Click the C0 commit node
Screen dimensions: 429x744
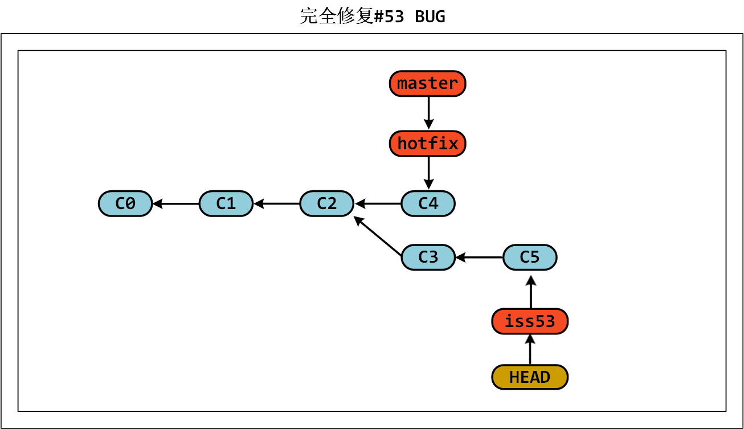click(125, 203)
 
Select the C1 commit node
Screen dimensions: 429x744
click(226, 203)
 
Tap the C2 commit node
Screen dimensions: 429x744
click(327, 203)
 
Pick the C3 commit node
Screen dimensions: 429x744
click(428, 258)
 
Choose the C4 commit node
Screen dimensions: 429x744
click(428, 203)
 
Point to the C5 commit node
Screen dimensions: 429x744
click(530, 258)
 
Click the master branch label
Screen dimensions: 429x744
click(428, 84)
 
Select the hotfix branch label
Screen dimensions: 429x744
click(428, 144)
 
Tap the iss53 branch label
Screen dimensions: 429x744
click(530, 322)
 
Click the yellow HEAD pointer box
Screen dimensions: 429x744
click(530, 377)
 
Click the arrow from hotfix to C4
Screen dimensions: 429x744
click(428, 173)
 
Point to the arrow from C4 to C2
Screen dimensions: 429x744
click(378, 203)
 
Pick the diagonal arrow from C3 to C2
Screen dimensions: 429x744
click(377, 236)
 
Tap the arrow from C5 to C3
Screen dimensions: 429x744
click(479, 258)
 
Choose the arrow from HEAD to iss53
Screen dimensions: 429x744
click(530, 349)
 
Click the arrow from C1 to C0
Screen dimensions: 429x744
click(176, 203)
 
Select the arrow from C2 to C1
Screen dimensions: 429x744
click(277, 203)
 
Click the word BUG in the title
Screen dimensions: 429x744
click(430, 17)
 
